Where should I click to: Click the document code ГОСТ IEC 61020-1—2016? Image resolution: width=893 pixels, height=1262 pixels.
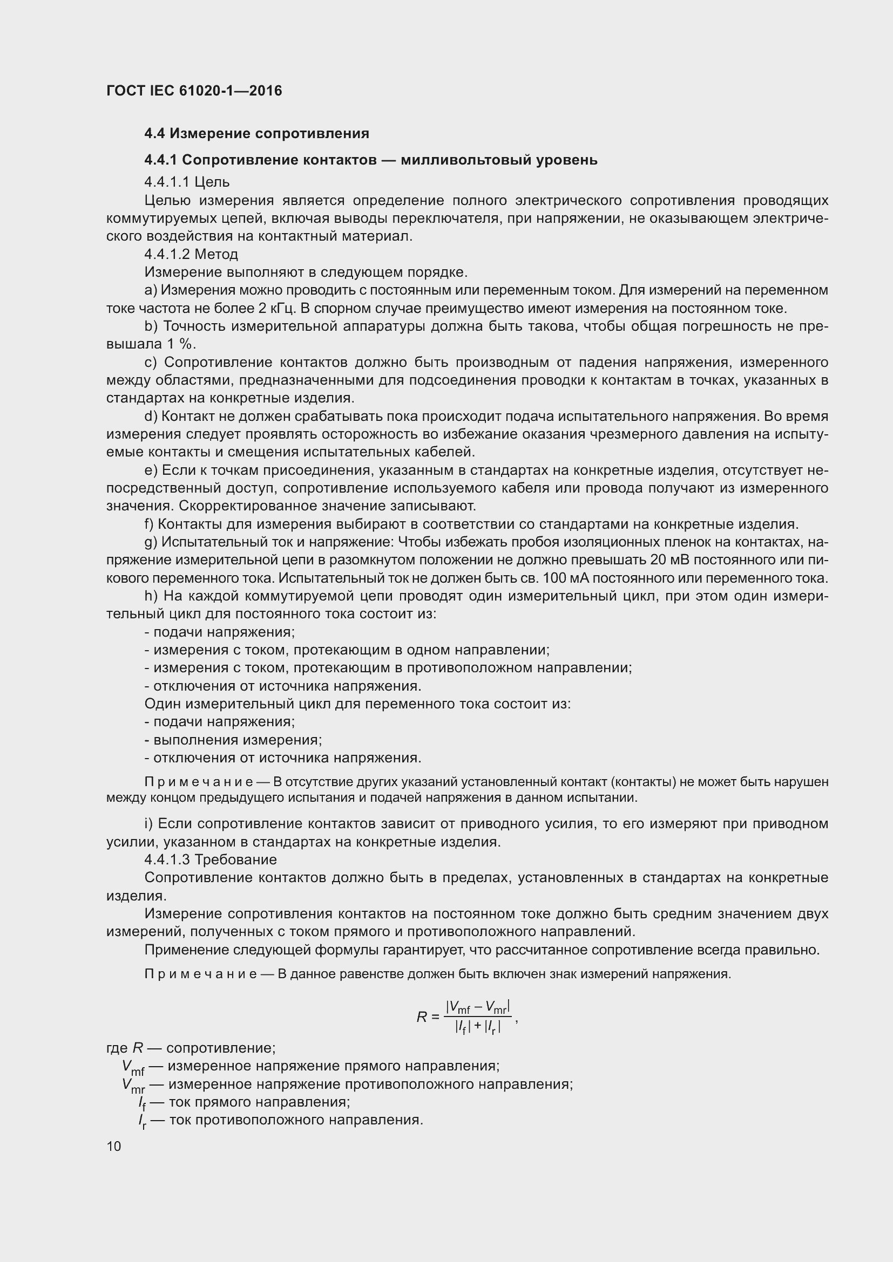tap(194, 91)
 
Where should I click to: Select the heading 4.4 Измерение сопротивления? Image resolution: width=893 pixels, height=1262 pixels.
tap(256, 133)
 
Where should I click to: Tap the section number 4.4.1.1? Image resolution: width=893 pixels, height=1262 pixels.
tap(167, 182)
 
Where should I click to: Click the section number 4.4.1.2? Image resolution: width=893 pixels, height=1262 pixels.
tap(167, 255)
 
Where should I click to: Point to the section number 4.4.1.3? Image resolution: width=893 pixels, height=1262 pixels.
tap(167, 859)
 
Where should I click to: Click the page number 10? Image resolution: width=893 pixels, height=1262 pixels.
tap(114, 1146)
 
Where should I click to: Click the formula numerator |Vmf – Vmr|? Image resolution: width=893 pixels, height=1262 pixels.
tap(478, 1007)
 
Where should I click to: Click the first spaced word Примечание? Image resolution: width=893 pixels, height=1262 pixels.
tap(199, 782)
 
